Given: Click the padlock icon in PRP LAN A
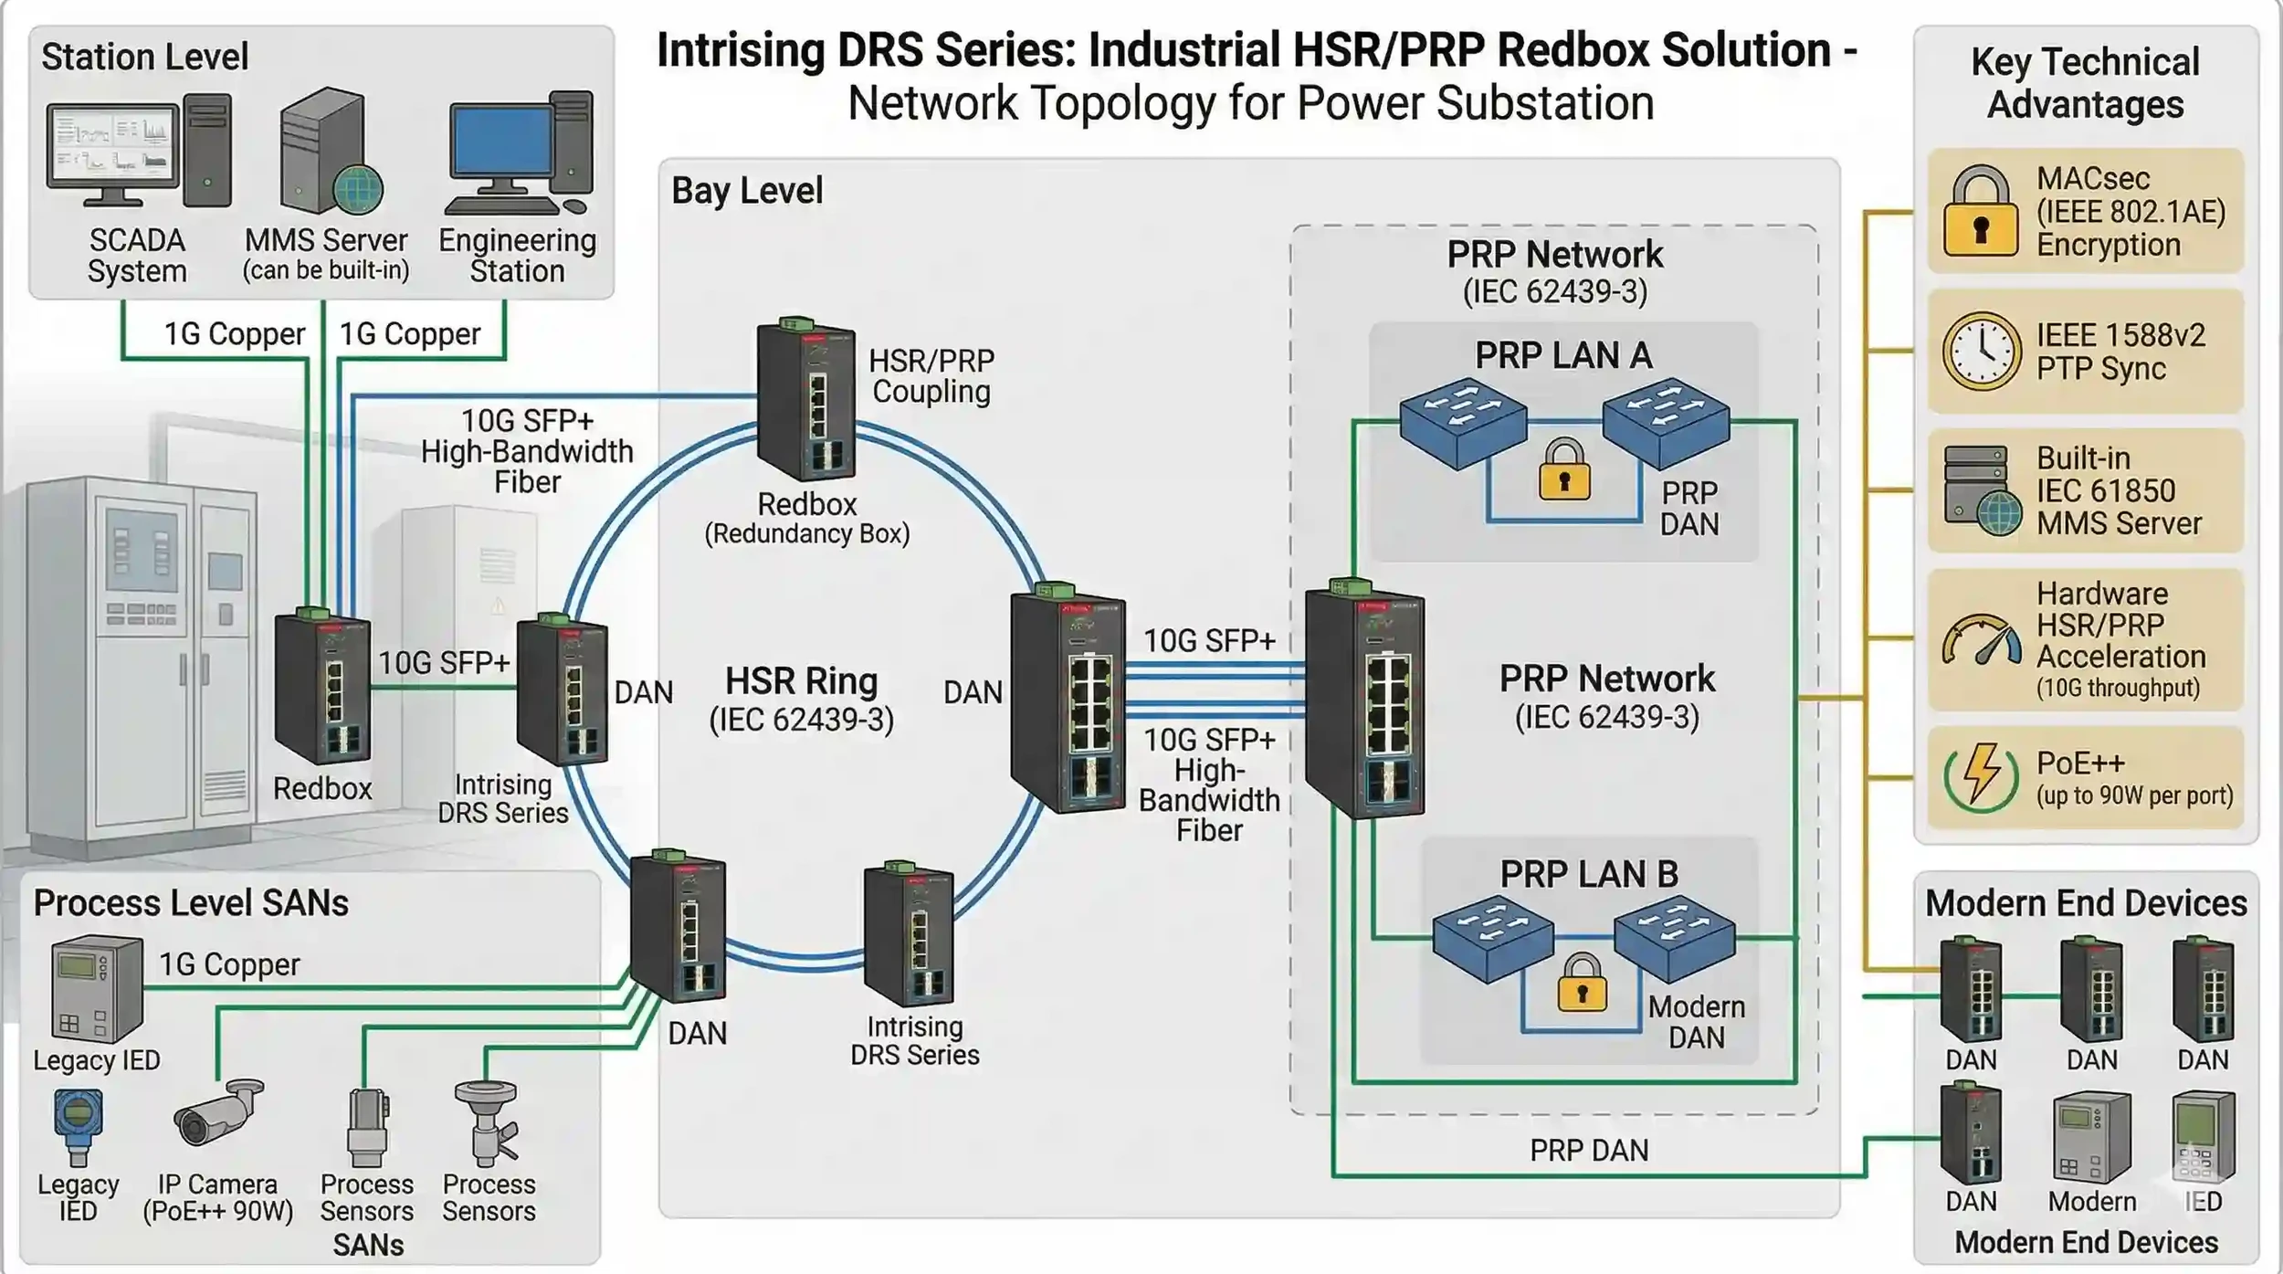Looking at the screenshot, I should (1564, 470).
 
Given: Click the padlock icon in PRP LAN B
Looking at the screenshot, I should (1583, 984).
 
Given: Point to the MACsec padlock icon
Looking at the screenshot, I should (1979, 212).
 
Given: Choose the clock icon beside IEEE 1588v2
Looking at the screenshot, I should (1981, 352).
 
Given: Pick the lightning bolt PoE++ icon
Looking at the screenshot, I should (1981, 777).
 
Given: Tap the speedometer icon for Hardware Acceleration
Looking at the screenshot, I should (1981, 640).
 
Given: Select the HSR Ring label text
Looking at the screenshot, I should (801, 682).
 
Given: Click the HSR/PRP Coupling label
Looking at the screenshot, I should (931, 376).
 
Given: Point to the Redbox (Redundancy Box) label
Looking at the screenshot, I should (806, 518).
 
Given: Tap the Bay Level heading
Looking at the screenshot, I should (746, 191).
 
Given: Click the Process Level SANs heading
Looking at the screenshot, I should (191, 903).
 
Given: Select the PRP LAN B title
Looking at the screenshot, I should (1588, 875).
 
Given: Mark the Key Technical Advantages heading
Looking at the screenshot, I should (2085, 83).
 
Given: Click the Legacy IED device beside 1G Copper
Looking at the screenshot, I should (96, 990).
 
